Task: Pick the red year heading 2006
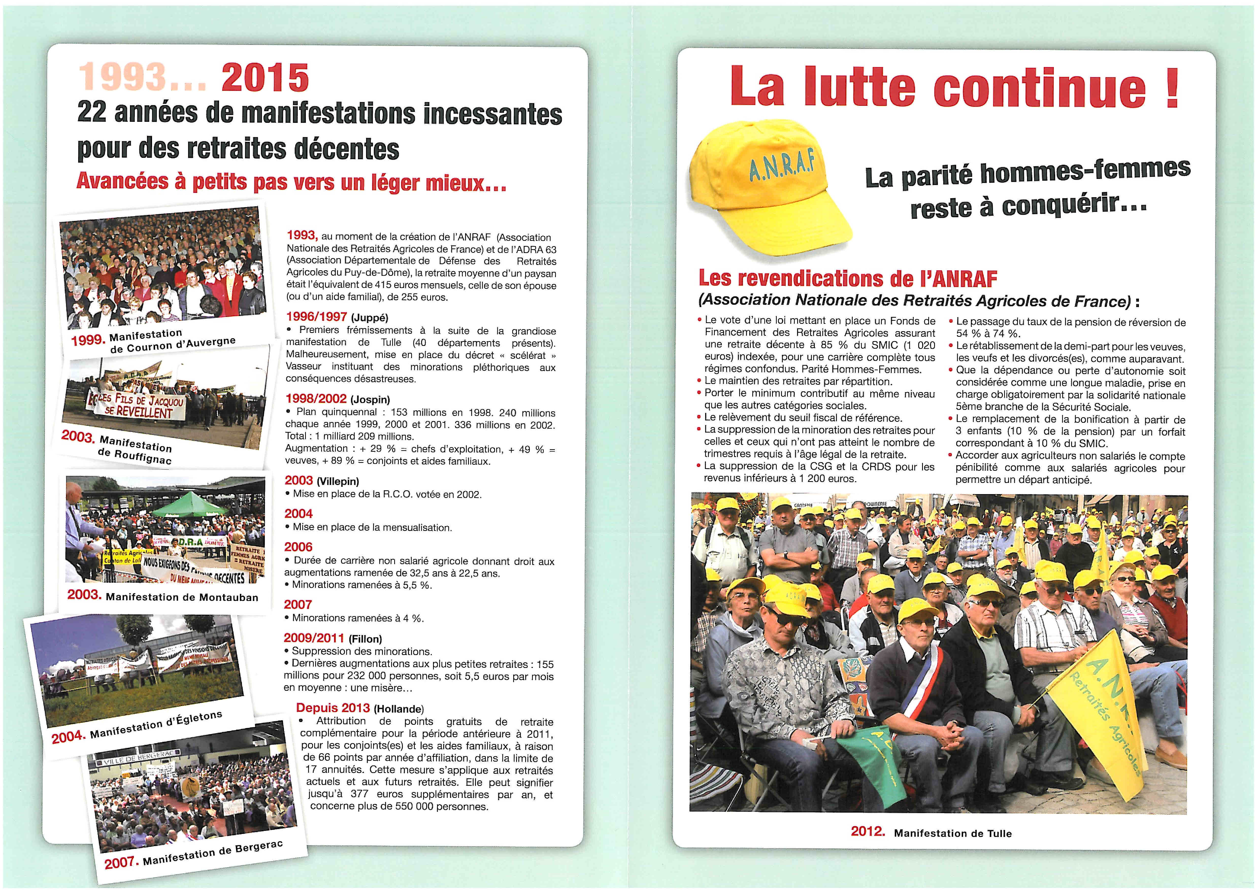pos(298,547)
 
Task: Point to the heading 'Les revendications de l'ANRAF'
pos(847,279)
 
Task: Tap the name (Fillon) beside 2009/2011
pos(365,639)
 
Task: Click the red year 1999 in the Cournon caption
pos(88,340)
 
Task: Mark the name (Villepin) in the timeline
pos(338,481)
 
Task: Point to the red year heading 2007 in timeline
pos(298,604)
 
